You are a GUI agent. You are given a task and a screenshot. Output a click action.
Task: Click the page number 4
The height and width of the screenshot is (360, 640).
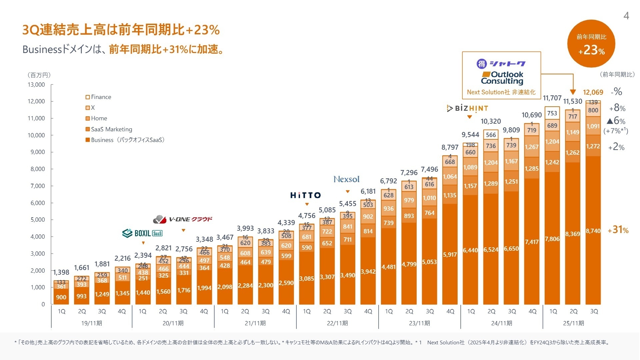click(x=626, y=16)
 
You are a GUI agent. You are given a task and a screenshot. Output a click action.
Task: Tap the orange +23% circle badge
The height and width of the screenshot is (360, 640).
click(x=591, y=44)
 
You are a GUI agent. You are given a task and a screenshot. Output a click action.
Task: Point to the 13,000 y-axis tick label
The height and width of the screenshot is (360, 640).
click(x=36, y=85)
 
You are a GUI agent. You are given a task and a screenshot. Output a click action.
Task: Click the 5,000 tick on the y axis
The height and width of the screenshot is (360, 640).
click(x=37, y=220)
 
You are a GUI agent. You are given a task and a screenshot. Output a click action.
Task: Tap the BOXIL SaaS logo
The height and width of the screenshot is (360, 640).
click(x=142, y=233)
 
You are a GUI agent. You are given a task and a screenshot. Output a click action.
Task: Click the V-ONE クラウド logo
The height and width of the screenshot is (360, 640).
click(x=183, y=219)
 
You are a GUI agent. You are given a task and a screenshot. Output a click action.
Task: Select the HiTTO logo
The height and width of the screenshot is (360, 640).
click(x=305, y=195)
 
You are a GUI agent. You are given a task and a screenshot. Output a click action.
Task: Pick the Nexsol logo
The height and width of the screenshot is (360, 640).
click(x=346, y=179)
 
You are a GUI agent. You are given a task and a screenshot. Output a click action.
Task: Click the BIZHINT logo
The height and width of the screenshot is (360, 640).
click(x=467, y=108)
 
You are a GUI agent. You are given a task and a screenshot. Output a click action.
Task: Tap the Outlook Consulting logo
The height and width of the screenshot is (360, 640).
click(x=502, y=78)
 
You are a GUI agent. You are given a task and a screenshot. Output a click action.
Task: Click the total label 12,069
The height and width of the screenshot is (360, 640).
click(x=593, y=92)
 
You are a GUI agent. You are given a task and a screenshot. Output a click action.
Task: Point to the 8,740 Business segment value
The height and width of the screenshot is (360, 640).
click(x=593, y=231)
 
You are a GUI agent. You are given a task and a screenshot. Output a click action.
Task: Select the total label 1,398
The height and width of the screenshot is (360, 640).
click(x=61, y=272)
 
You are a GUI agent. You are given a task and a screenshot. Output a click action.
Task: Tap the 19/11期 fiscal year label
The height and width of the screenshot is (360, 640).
click(x=92, y=323)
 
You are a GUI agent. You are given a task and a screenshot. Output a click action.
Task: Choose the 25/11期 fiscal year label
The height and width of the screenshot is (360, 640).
click(x=573, y=323)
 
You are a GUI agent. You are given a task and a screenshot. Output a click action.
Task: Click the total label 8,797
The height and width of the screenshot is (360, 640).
click(x=450, y=147)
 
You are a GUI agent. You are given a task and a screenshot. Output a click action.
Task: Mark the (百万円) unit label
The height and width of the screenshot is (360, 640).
click(x=39, y=75)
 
